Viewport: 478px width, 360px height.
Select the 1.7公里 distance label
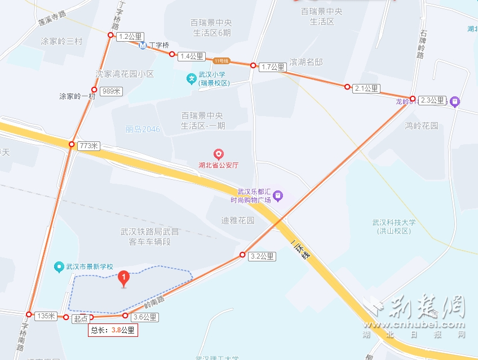273,67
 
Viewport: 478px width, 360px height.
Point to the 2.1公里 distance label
366,88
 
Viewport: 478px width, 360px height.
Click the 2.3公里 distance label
433,101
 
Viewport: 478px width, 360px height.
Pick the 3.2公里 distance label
262,257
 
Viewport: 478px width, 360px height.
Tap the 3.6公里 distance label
145,317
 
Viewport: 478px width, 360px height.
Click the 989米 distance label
111,91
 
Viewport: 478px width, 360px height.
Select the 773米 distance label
88,146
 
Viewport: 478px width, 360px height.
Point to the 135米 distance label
46,316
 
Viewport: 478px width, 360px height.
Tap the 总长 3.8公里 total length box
113,331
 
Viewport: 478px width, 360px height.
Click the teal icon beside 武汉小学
192,78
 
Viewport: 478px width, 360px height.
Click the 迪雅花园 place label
238,220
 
